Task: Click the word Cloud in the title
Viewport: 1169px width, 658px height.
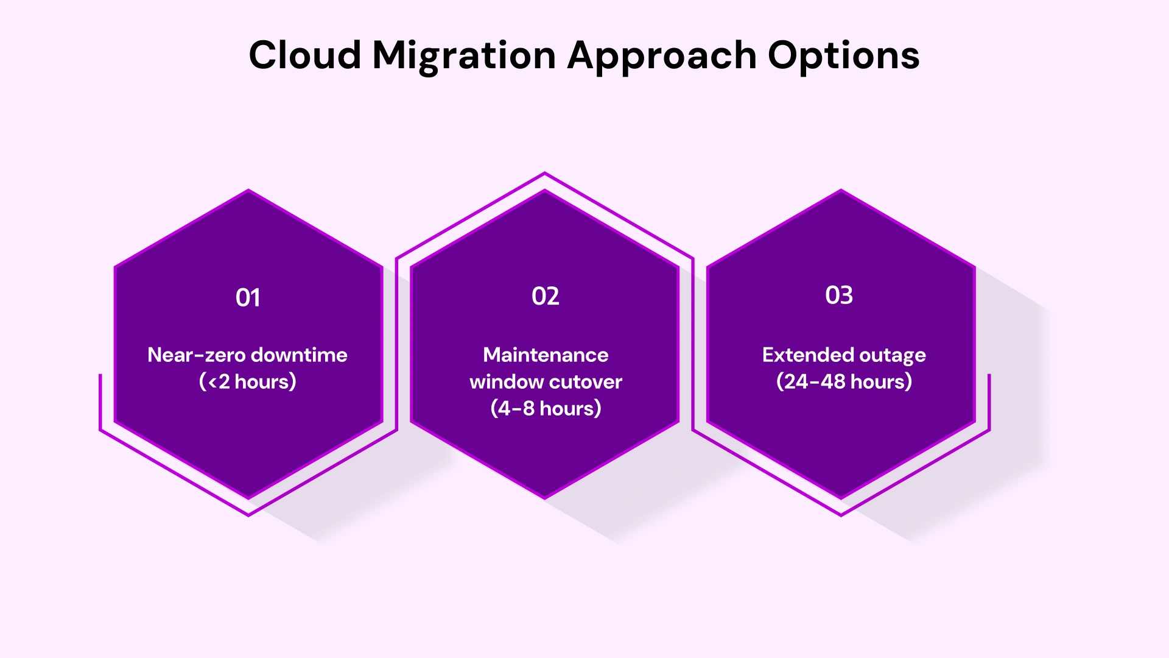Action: (x=305, y=55)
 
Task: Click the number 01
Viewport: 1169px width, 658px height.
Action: (x=248, y=298)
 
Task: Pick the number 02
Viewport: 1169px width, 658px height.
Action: (x=545, y=297)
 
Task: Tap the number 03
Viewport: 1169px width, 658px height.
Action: (x=839, y=295)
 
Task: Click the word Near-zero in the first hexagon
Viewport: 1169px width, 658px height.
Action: (x=195, y=355)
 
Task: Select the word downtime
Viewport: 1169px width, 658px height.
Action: (x=299, y=355)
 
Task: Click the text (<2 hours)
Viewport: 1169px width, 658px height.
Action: (x=248, y=382)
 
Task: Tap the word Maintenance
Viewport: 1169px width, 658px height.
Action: (x=546, y=355)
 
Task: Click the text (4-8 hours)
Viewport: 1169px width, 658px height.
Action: (x=546, y=409)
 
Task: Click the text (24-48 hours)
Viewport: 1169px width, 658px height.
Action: (x=844, y=382)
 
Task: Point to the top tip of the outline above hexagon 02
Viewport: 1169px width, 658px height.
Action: (x=545, y=173)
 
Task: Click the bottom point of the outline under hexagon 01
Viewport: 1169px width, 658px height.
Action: (x=248, y=515)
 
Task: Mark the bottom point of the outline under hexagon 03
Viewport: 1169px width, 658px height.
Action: (x=841, y=515)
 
